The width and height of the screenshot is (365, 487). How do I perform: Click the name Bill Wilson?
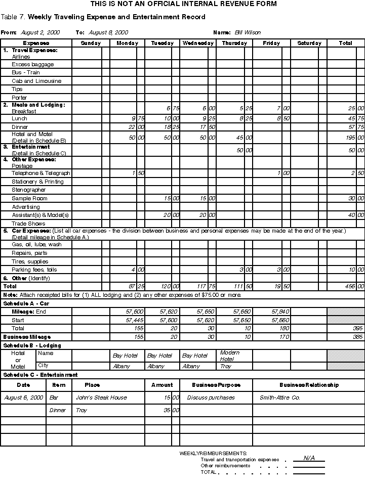(248, 32)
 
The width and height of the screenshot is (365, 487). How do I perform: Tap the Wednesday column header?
(198, 43)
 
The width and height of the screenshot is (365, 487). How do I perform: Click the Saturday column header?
(309, 43)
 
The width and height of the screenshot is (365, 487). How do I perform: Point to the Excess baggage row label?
(32, 65)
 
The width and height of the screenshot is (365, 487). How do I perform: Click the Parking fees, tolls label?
(34, 270)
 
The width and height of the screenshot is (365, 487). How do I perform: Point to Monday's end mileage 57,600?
(135, 312)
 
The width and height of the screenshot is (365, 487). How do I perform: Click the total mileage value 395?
(357, 328)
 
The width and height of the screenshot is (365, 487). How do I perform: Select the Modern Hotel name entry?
(230, 356)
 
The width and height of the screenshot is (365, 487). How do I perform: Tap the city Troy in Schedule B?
(225, 366)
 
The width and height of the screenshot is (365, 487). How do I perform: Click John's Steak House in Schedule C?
(101, 397)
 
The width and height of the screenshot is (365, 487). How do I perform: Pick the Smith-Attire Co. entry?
(279, 397)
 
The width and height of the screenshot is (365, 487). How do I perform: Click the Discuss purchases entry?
(211, 397)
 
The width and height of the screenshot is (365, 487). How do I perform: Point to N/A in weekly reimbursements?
(309, 458)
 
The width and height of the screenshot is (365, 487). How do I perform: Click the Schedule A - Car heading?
(26, 303)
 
